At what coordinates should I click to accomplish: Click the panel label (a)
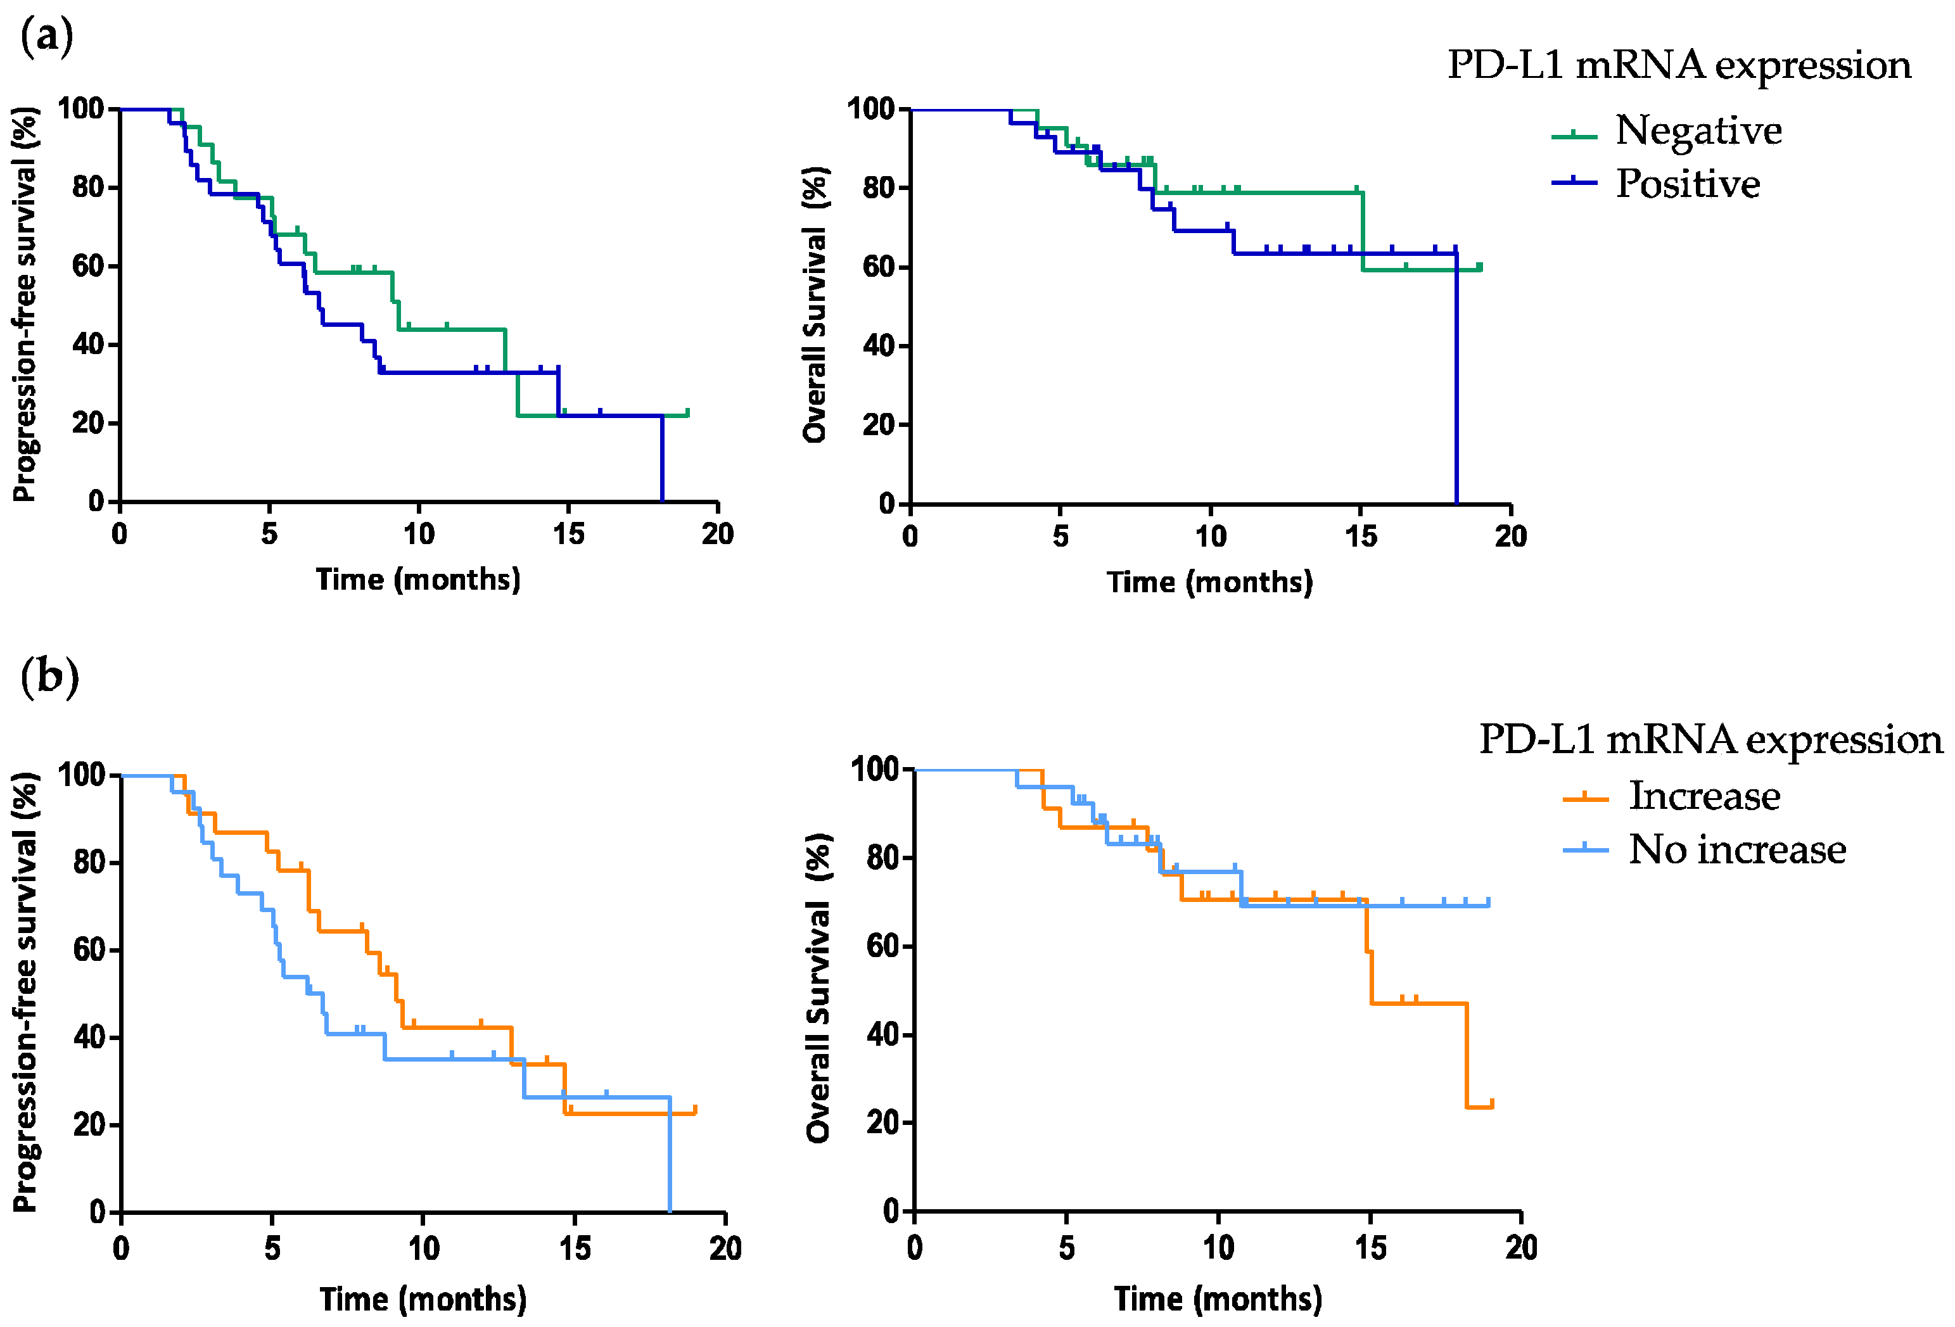(46, 37)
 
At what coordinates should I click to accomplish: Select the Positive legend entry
(1655, 183)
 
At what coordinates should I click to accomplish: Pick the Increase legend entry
(1672, 796)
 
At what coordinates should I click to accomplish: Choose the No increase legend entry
(1704, 849)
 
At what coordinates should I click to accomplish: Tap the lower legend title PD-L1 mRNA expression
(1711, 740)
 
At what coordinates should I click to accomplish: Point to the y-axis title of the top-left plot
(25, 305)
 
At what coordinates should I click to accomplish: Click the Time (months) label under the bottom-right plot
(1218, 1299)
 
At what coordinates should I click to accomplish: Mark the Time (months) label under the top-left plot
(418, 580)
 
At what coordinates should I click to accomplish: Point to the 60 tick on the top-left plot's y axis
(87, 266)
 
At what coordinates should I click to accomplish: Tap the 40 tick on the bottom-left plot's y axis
(89, 1037)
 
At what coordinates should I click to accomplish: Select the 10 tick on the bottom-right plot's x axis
(1218, 1247)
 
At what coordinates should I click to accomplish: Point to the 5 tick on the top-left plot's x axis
(269, 533)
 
